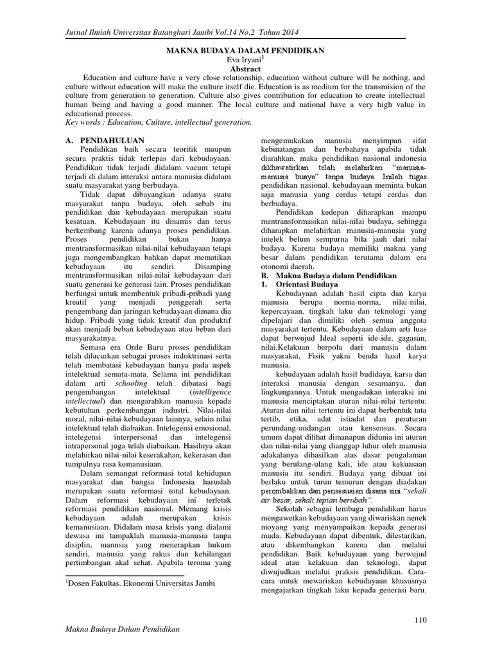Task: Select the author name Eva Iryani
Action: (246, 59)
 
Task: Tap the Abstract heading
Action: (246, 68)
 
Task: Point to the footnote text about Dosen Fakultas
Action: (139, 583)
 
